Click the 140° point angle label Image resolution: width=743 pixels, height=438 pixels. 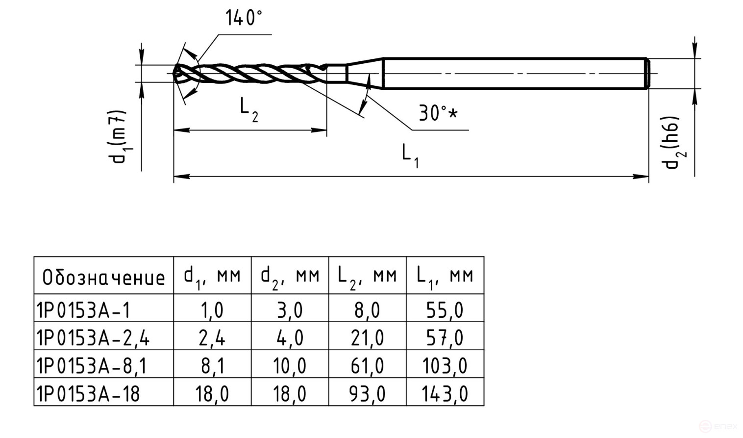point(243,18)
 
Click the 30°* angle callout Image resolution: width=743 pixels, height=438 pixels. point(437,114)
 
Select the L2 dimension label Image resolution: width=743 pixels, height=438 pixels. point(249,108)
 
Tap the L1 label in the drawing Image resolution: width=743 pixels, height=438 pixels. point(410,155)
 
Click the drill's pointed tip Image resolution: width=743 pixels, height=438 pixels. point(175,74)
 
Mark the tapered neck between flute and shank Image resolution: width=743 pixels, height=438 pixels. point(364,74)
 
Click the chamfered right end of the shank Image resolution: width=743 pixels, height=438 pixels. point(647,74)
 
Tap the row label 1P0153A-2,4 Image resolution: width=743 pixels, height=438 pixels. point(93,337)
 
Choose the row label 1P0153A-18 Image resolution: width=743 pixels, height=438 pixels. point(88,394)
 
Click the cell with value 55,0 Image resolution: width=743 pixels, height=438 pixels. point(445,310)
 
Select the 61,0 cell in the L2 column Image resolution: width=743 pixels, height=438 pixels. point(367,366)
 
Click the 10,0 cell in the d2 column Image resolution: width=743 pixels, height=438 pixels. point(290,366)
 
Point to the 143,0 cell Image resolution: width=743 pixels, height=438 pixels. point(445,394)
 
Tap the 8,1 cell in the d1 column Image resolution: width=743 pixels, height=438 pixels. point(212,366)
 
